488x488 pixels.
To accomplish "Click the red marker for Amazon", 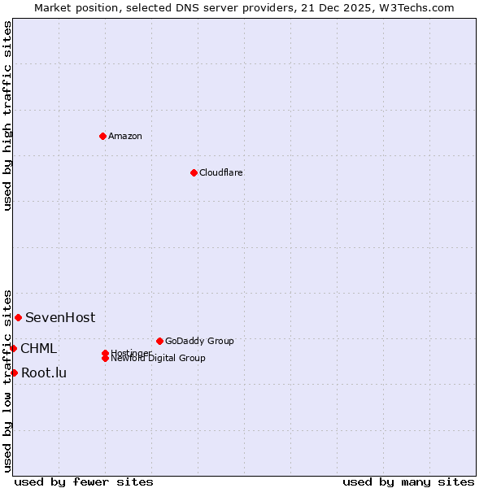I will (102, 136).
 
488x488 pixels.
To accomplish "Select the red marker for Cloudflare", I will (194, 172).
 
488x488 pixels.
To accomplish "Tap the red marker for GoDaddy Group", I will (159, 341).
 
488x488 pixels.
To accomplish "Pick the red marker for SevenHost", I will (18, 317).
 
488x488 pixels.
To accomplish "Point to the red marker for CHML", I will (13, 348).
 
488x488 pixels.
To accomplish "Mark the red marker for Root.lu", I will (14, 373).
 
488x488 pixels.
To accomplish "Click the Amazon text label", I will (124, 136).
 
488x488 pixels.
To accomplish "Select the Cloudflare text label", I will (220, 172).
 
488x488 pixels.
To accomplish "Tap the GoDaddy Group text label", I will (199, 341).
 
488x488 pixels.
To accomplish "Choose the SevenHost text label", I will (60, 317).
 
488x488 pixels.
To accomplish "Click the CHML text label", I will (38, 348).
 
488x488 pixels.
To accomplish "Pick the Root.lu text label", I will (44, 373).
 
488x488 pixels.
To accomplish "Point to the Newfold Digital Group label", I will (158, 358).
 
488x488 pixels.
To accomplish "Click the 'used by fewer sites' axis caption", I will (84, 481).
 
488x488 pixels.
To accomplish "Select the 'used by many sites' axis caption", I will (408, 481).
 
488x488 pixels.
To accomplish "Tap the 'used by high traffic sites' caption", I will (7, 115).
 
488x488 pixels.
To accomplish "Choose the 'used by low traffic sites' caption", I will (7, 380).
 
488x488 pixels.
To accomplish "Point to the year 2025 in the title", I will (335, 7).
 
